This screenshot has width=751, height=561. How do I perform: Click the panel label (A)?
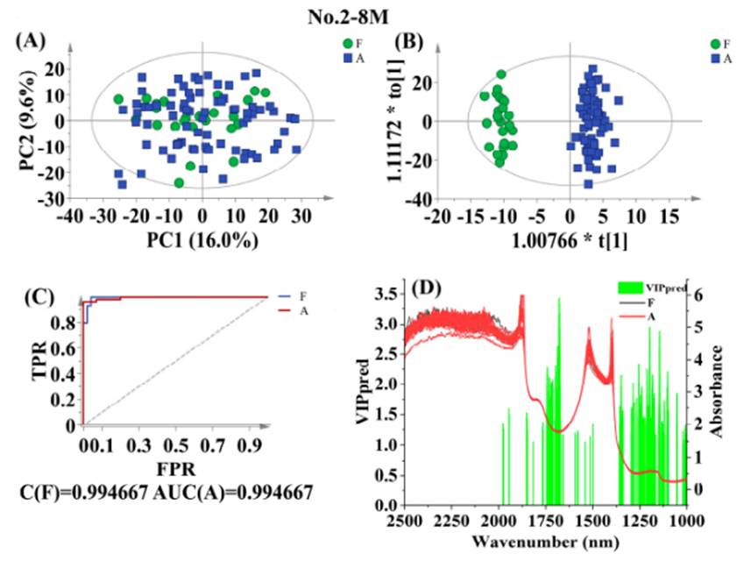30,40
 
